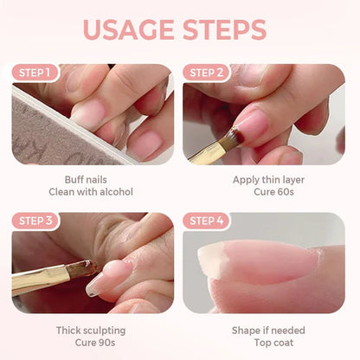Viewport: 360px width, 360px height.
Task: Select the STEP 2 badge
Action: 208,73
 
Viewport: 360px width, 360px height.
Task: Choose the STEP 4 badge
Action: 208,221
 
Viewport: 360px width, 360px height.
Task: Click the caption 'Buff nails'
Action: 93,180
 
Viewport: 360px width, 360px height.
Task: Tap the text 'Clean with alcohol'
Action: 93,192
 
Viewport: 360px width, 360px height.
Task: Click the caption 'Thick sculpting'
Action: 91,330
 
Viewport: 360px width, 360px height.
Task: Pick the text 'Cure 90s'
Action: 91,342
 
